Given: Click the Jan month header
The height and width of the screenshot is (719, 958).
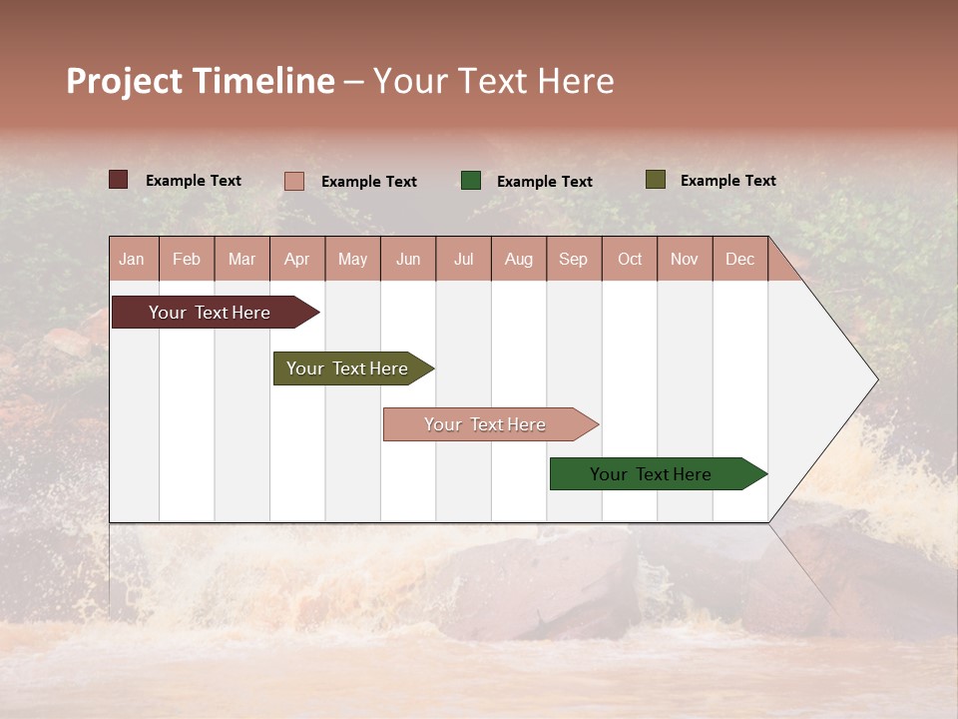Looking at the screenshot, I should (x=133, y=259).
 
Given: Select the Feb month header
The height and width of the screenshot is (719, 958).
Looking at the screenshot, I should (x=187, y=259).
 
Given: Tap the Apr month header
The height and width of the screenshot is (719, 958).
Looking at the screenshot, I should (x=297, y=259).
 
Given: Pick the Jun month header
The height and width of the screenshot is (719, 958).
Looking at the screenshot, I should (x=408, y=259).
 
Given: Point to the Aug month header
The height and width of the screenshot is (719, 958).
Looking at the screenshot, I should (x=519, y=259).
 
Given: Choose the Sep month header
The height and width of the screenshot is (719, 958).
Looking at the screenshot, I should (x=574, y=259).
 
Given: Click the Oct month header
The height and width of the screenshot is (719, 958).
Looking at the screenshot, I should (x=630, y=259).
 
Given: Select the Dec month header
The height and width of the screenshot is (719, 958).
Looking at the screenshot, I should (x=740, y=259).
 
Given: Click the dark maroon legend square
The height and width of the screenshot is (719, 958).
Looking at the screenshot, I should (x=119, y=180).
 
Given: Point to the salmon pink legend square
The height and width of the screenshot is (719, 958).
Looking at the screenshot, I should (x=294, y=181).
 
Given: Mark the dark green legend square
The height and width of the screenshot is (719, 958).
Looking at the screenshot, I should (x=471, y=180).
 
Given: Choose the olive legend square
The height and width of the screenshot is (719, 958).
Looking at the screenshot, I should (x=656, y=180).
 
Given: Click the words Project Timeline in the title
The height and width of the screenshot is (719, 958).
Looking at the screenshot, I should (x=201, y=81).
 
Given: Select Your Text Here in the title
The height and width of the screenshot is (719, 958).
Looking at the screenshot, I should (x=494, y=81).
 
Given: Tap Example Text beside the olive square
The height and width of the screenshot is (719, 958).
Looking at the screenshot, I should (x=727, y=181).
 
